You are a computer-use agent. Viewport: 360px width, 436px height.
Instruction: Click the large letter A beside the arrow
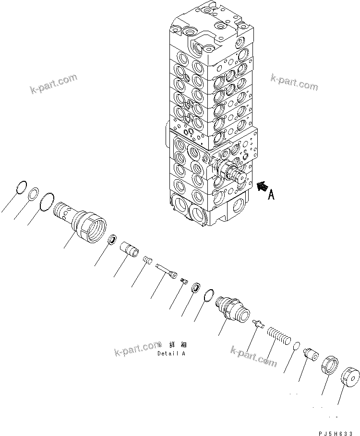pyautogui.click(x=271, y=195)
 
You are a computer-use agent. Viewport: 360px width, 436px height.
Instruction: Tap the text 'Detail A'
pyautogui.click(x=171, y=353)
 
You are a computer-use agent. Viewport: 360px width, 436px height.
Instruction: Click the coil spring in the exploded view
pyautogui.click(x=278, y=333)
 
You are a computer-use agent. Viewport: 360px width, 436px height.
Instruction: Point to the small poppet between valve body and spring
pyautogui.click(x=258, y=323)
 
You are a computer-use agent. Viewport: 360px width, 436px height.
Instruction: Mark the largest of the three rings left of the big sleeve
pyautogui.click(x=47, y=201)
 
